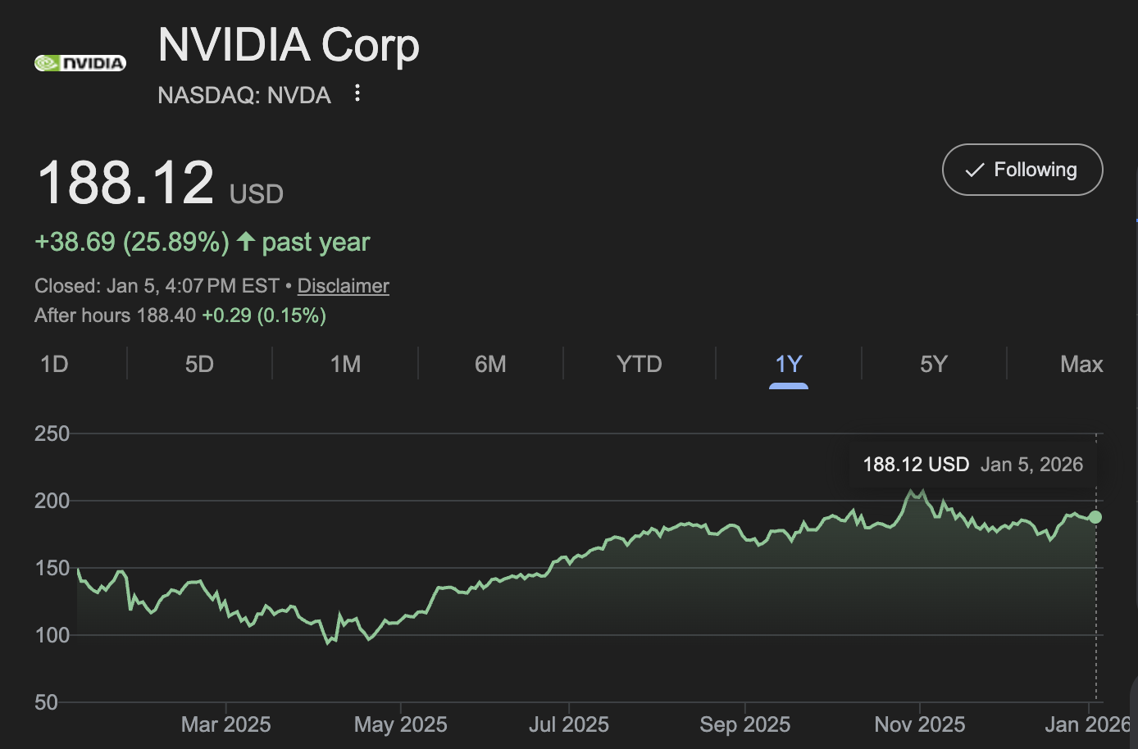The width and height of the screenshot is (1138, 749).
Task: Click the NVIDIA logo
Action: (80, 63)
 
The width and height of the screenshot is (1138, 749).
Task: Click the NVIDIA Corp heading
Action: (288, 45)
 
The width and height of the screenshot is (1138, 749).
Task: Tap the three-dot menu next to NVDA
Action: (357, 93)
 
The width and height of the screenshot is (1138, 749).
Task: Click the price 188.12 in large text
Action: (125, 183)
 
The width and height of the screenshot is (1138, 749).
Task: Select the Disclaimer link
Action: (343, 286)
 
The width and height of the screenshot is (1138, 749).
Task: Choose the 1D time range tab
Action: (54, 364)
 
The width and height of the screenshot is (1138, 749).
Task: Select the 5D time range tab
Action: (199, 364)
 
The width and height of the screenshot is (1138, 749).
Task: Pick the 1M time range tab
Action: (345, 364)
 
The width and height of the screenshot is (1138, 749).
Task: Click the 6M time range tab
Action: (490, 364)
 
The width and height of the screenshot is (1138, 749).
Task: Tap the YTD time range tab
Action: (639, 364)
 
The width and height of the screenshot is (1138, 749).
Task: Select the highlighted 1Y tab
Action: (788, 364)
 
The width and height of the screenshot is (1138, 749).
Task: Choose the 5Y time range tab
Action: (933, 364)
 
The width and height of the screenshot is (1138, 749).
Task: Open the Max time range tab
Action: (1081, 364)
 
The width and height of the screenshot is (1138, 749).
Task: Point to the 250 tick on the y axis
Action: (52, 434)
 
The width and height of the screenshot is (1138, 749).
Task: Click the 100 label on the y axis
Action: (52, 635)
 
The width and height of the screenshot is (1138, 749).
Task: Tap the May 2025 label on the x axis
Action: (400, 724)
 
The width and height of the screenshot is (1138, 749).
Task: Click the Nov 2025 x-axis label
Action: (919, 724)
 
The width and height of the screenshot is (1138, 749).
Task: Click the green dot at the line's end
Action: (1095, 517)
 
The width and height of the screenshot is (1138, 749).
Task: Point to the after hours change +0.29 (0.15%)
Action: (264, 315)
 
